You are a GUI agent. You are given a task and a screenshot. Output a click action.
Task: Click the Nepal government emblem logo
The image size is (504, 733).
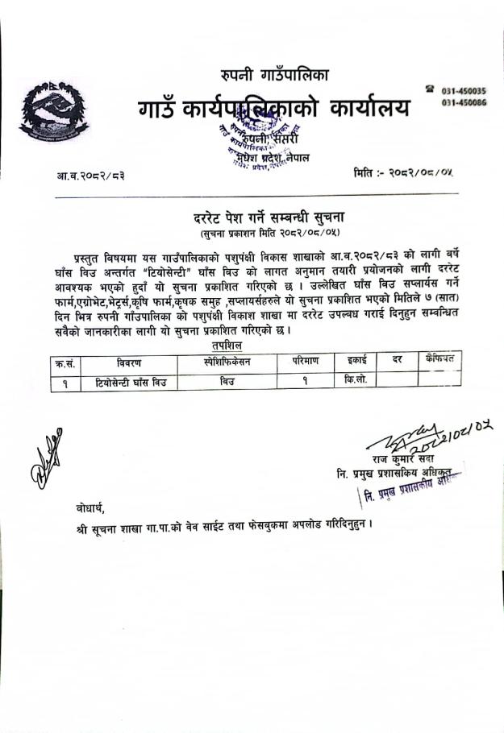click(53, 112)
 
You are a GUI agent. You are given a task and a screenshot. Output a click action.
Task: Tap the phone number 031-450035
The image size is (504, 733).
click(464, 92)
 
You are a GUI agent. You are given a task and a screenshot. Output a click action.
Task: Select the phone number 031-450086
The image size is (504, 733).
click(464, 103)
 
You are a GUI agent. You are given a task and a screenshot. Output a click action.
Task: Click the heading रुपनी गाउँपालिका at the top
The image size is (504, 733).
click(274, 76)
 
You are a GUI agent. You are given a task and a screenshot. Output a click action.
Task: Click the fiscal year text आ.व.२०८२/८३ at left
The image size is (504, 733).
click(91, 174)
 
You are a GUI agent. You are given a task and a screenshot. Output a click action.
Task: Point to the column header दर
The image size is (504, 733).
click(396, 360)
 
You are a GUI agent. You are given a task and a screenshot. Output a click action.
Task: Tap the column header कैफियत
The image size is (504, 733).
click(439, 359)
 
